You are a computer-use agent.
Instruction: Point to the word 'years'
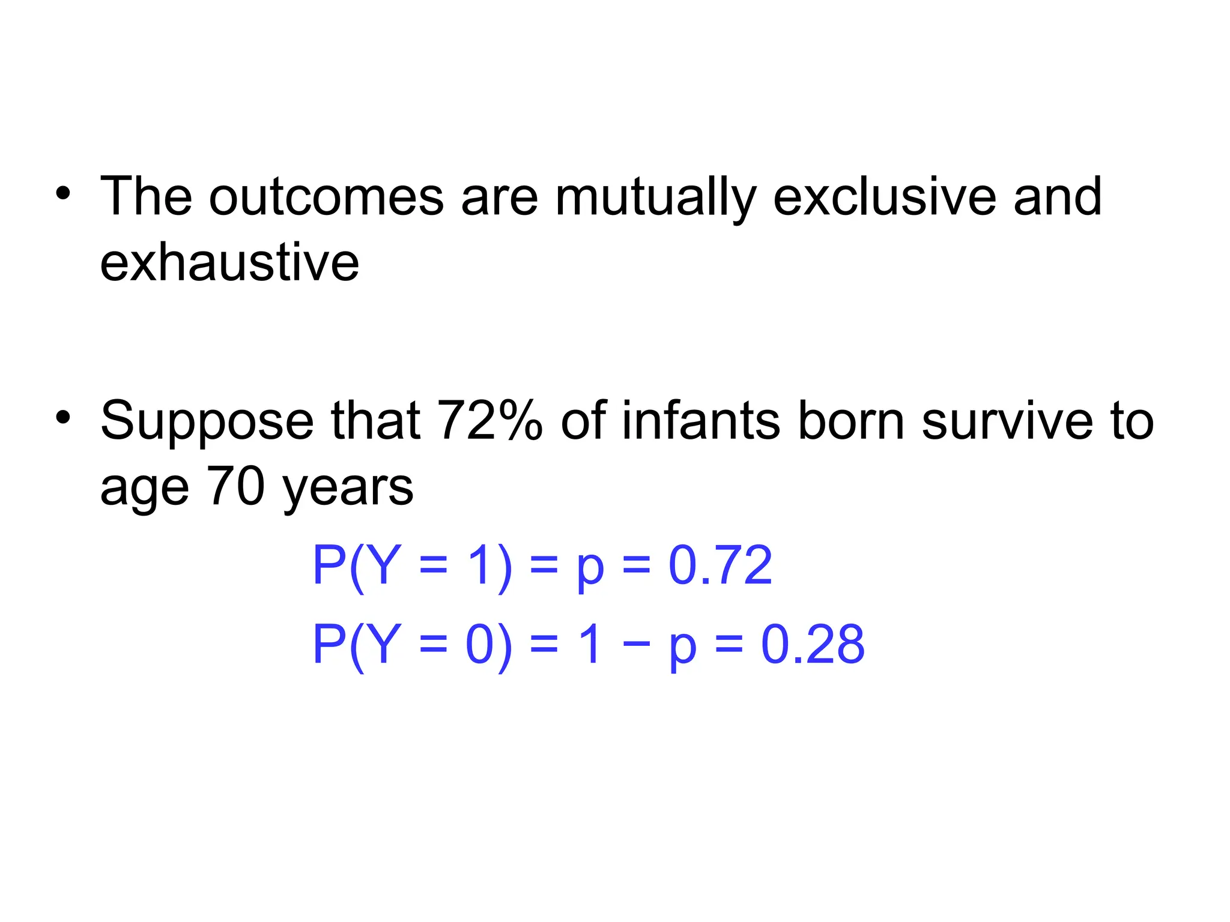(x=348, y=487)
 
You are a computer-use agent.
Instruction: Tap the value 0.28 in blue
(x=813, y=644)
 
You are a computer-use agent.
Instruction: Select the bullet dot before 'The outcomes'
(x=63, y=194)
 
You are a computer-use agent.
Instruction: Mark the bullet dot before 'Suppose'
(x=63, y=417)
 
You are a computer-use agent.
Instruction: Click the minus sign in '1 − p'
(x=636, y=644)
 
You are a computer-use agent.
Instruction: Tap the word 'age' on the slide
(x=144, y=487)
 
